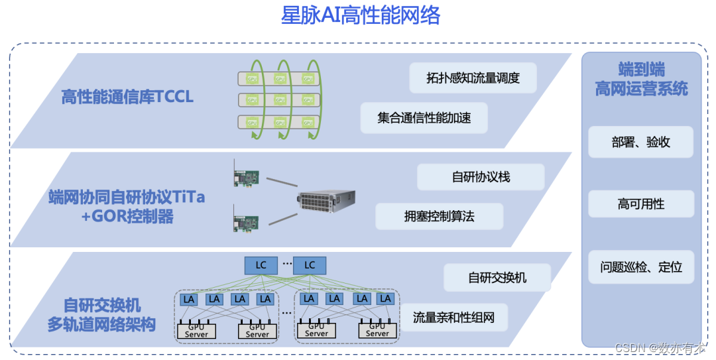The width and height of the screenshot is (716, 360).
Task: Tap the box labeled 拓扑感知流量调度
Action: pos(473,78)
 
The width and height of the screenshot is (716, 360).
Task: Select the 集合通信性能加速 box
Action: pos(424,118)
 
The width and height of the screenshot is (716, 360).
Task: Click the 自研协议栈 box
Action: pos(481,177)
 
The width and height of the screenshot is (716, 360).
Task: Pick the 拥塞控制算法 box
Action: pos(439,216)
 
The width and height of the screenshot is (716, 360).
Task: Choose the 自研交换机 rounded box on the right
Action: pos(497,277)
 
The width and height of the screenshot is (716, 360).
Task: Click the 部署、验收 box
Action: pos(640,142)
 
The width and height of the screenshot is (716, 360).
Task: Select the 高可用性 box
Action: pos(640,204)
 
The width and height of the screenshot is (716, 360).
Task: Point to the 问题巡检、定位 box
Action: pos(640,267)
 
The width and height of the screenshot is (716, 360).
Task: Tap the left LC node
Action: pos(261,265)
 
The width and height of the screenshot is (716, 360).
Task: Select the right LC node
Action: pos(310,265)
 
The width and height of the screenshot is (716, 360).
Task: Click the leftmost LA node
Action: pos(190,299)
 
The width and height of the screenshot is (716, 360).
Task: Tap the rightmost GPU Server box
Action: pos(377,330)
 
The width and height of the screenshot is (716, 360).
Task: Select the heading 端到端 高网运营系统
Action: pos(641,79)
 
